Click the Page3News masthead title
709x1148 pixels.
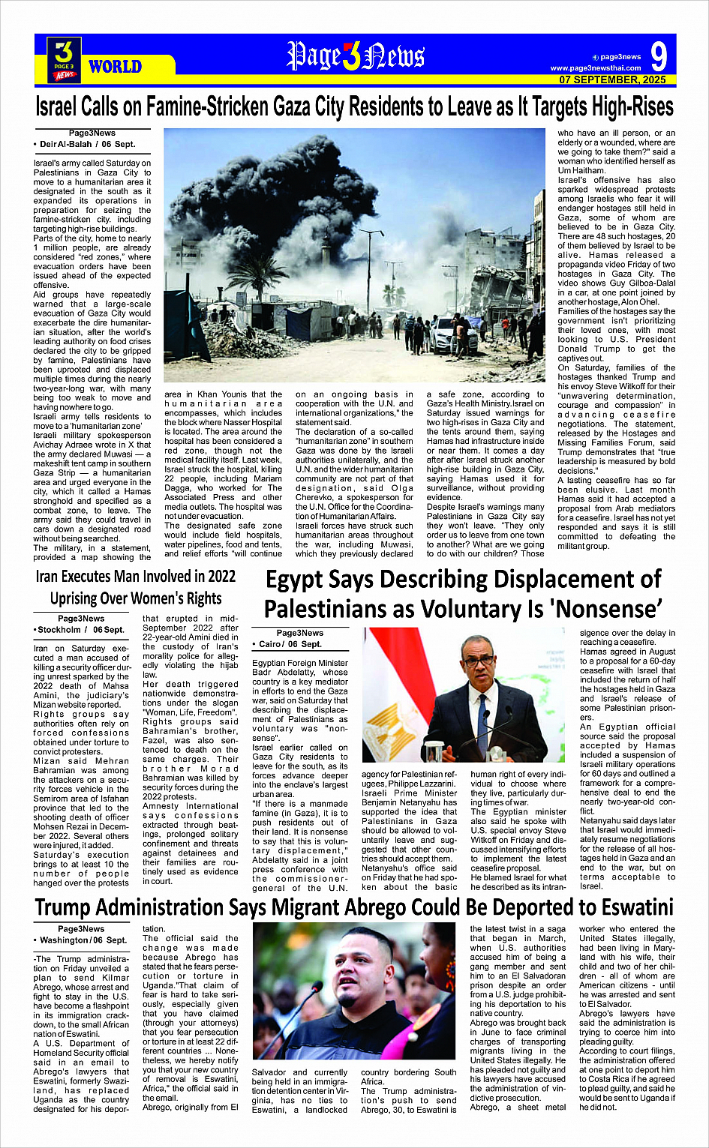[x=355, y=56]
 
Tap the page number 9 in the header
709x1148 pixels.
[x=659, y=58]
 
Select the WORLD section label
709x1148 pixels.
[x=115, y=67]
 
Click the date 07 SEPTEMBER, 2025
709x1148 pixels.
[x=612, y=79]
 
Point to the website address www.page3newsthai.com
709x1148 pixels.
[x=596, y=68]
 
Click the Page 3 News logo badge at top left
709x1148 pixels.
[x=65, y=59]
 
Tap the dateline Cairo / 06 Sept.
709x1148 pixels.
[x=291, y=644]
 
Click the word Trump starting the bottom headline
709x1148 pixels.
[x=63, y=907]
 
